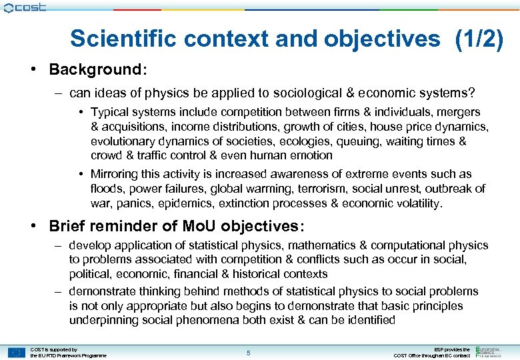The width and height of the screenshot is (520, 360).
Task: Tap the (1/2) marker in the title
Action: tap(479, 39)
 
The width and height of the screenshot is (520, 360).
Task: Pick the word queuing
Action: tap(357, 141)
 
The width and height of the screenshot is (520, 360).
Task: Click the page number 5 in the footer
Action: tap(248, 352)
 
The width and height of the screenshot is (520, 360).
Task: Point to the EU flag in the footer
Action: tap(17, 352)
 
